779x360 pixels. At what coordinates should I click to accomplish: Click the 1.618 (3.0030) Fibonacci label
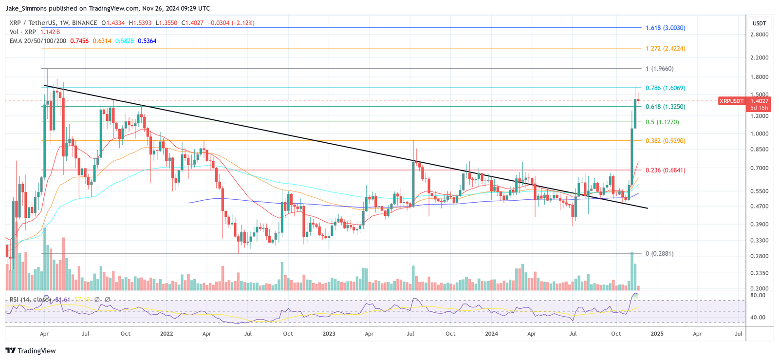(665, 28)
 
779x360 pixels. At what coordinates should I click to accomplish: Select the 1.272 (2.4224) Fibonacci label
(665, 48)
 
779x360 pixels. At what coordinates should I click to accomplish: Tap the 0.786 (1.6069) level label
(665, 88)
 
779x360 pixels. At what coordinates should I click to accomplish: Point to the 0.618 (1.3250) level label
(665, 107)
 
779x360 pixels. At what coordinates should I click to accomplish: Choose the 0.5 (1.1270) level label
(662, 122)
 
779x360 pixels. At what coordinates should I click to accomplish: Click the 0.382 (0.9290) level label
(665, 141)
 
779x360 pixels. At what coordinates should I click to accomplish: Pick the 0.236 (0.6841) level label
(665, 170)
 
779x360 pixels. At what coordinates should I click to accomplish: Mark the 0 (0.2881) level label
(659, 254)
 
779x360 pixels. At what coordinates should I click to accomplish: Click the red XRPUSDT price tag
(732, 101)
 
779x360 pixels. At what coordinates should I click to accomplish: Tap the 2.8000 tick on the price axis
(759, 35)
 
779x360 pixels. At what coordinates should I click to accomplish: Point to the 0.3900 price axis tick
(759, 225)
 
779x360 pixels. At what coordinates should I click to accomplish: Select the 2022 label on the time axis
(167, 334)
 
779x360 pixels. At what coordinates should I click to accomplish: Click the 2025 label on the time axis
(657, 334)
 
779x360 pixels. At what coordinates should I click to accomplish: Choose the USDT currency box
(759, 23)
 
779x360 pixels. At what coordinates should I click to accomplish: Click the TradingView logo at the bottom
(31, 351)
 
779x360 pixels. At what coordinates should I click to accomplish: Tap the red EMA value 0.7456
(79, 41)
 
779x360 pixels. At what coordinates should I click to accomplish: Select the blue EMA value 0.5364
(147, 41)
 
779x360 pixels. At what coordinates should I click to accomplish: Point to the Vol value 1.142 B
(50, 32)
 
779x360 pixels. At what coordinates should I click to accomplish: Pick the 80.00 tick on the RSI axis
(758, 295)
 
